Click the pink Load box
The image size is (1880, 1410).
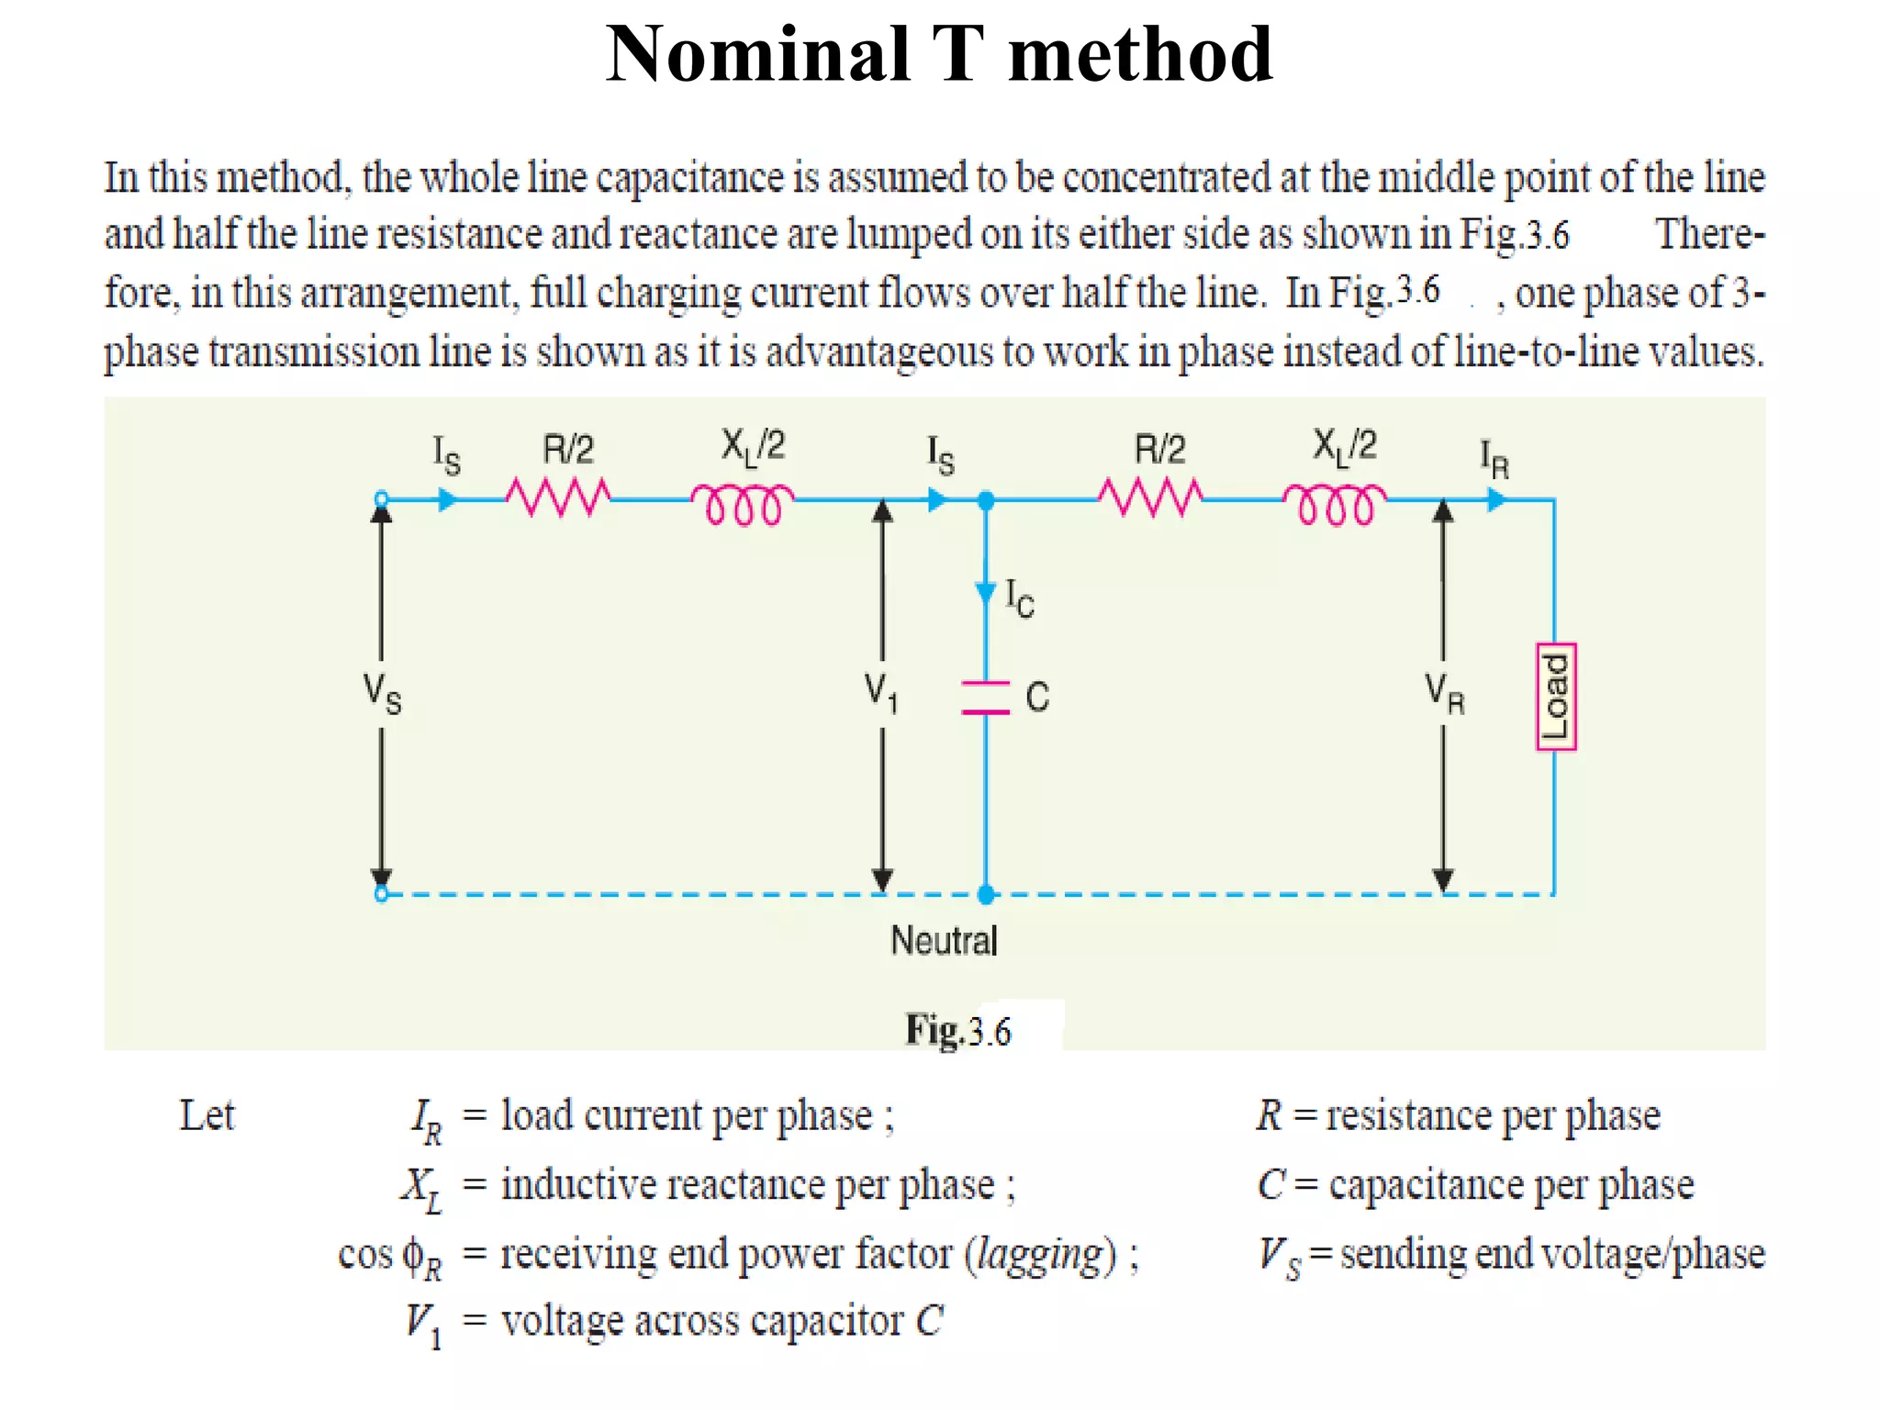coord(1555,697)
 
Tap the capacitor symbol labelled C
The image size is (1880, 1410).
coord(985,698)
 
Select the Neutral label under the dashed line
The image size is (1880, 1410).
coord(944,941)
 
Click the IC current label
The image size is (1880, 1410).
coord(1019,598)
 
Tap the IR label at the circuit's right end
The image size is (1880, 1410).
coord(1494,459)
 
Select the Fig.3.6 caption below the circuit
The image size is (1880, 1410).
coord(957,1030)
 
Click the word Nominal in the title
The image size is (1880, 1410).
coord(757,54)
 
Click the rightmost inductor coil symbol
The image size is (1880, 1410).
coord(1335,504)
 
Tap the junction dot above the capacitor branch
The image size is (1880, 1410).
coord(986,500)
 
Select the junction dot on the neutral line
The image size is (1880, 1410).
coord(986,894)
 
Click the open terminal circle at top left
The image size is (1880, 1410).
coord(382,500)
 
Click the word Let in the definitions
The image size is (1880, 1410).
coord(207,1116)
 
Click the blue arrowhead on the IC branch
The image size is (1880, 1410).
coord(986,592)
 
